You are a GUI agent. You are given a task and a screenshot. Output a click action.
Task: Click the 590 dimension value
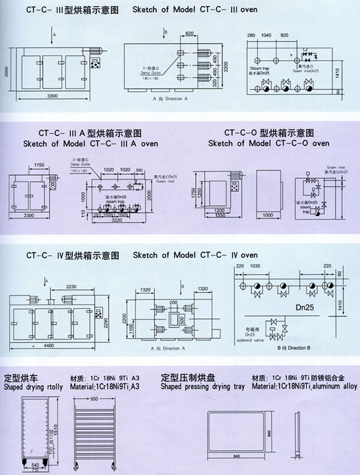(140, 170)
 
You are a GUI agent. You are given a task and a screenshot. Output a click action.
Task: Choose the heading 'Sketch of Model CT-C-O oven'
(269, 144)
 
